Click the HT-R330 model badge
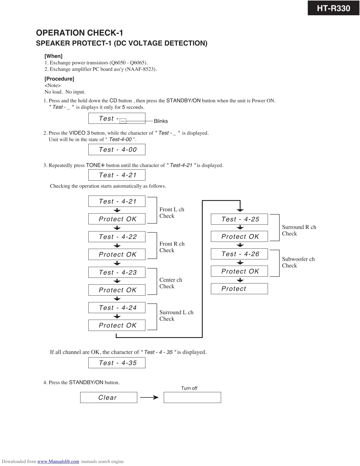[x=333, y=8]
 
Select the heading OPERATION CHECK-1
[x=79, y=33]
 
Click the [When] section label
[x=53, y=56]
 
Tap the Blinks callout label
[x=161, y=121]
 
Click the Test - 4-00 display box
[x=117, y=149]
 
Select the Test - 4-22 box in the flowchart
[x=117, y=237]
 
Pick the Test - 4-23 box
[x=117, y=272]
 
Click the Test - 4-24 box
[x=117, y=308]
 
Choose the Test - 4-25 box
[x=239, y=219]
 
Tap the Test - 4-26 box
[x=239, y=254]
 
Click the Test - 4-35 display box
[x=117, y=363]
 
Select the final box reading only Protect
[x=239, y=289]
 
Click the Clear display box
[x=108, y=397]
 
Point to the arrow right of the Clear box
[x=149, y=397]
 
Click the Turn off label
[x=189, y=388]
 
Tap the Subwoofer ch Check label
[x=298, y=262]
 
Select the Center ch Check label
[x=171, y=283]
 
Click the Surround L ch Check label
[x=176, y=315]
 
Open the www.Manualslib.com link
[x=58, y=461]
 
